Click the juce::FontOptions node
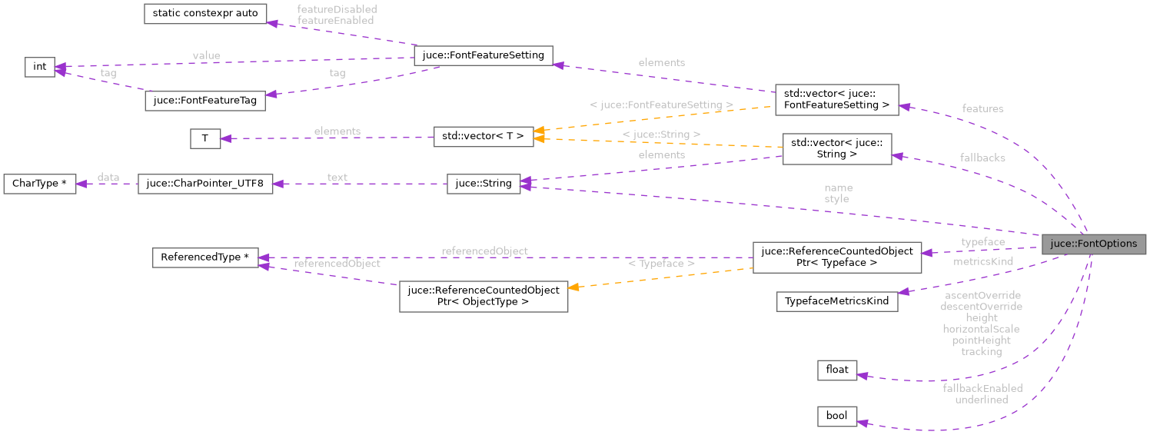1093,244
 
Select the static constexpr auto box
205,14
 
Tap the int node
39,67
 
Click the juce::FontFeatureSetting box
483,55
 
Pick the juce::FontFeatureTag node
205,101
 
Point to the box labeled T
204,138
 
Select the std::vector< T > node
484,137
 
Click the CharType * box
40,184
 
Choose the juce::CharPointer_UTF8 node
205,184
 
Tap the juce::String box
484,184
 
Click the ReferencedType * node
205,257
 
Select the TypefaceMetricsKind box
837,301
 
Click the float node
837,370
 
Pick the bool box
836,416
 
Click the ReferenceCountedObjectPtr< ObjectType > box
484,296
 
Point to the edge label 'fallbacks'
982,158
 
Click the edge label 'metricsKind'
982,261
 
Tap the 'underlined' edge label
982,400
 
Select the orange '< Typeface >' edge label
661,264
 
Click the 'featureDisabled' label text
337,9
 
